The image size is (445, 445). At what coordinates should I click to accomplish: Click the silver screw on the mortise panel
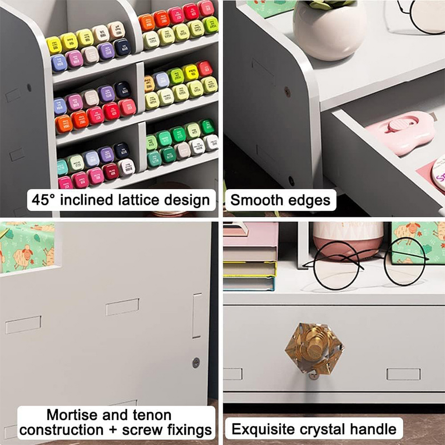click(196, 362)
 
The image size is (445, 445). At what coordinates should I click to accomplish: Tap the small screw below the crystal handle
click(313, 375)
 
